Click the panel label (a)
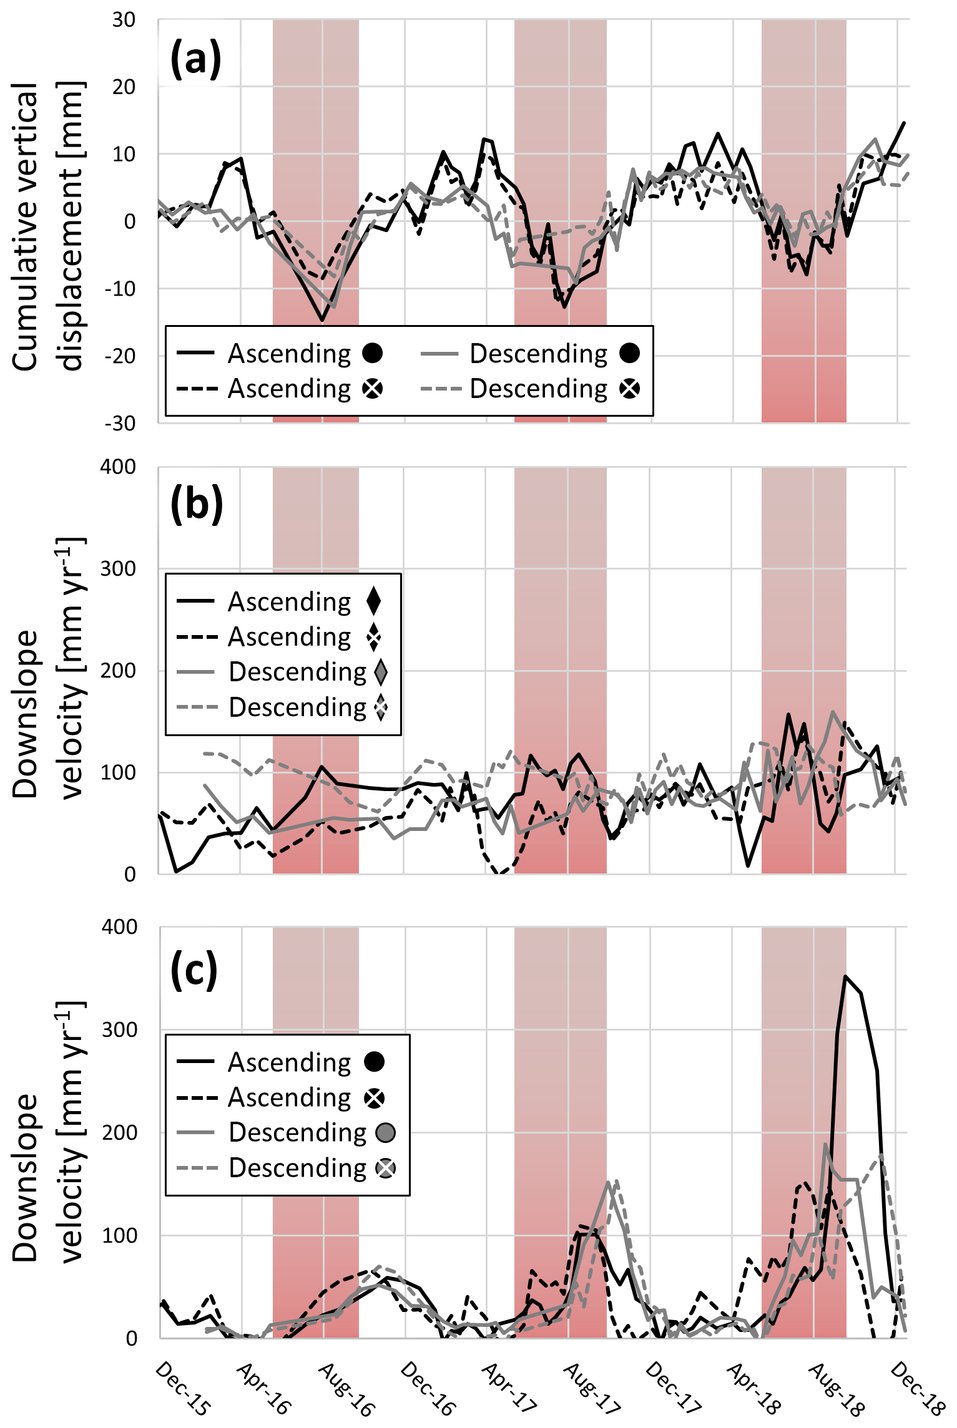(x=195, y=59)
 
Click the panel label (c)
(x=194, y=970)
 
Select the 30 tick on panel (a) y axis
(x=124, y=20)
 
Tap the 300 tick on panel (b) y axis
(x=119, y=569)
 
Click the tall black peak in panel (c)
(x=845, y=977)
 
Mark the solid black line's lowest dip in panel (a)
(x=322, y=320)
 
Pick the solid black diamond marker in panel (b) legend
(x=374, y=601)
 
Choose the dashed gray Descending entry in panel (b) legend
(x=297, y=707)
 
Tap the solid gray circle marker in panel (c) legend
(x=386, y=1132)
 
